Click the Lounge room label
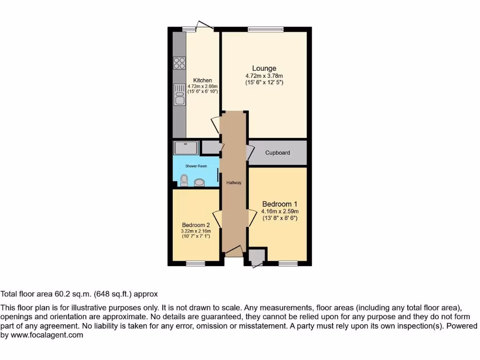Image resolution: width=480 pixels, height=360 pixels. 264,68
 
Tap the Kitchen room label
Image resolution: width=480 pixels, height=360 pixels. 202,81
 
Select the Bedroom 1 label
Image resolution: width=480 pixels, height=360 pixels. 279,204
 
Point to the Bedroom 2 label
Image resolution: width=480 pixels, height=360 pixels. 196,225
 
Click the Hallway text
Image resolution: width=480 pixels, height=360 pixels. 234,183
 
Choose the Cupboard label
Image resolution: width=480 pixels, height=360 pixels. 277,153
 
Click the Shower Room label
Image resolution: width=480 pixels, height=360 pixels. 196,166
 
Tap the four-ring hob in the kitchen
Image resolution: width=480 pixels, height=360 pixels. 179,63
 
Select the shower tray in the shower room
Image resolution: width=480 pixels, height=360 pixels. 186,148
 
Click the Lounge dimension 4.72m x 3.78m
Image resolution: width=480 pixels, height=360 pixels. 264,76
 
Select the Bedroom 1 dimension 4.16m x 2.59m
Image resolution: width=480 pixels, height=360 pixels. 279,211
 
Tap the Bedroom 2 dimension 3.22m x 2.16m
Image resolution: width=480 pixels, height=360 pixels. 196,231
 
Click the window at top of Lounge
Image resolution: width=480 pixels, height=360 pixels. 266,29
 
